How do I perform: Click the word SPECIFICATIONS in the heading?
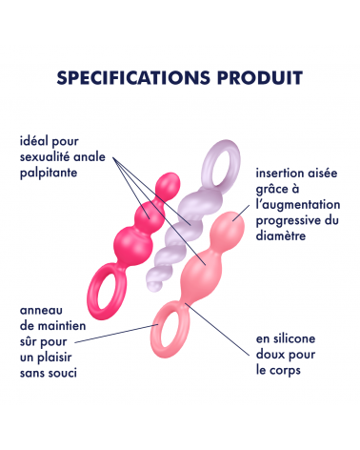tap(133, 77)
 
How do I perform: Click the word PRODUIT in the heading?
tap(260, 77)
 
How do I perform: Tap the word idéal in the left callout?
tap(33, 141)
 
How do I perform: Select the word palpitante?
tap(49, 174)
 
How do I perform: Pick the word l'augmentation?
tap(298, 205)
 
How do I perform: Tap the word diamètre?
tap(281, 235)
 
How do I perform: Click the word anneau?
tap(41, 311)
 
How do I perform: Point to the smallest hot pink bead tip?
tap(169, 183)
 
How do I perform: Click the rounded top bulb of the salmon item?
tap(230, 226)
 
